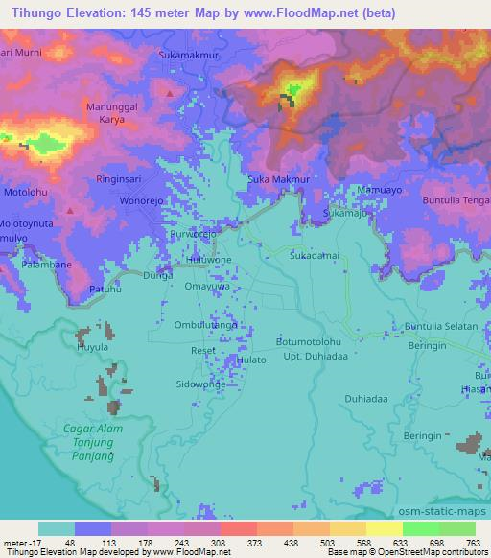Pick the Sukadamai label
pyautogui.click(x=315, y=258)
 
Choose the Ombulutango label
pyautogui.click(x=205, y=325)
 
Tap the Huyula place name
pyautogui.click(x=93, y=348)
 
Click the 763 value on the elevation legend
pyautogui.click(x=474, y=544)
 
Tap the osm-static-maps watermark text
pyautogui.click(x=450, y=508)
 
